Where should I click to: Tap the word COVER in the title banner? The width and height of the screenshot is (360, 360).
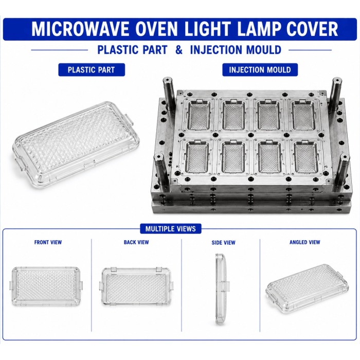(312, 29)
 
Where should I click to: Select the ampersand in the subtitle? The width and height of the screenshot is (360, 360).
(179, 50)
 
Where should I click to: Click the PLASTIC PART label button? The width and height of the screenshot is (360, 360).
(92, 70)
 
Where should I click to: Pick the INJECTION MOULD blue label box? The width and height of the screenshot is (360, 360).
(260, 70)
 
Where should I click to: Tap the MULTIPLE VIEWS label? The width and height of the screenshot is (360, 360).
(171, 229)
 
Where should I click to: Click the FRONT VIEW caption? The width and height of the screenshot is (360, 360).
(48, 242)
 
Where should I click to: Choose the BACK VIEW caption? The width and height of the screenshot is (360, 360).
(136, 242)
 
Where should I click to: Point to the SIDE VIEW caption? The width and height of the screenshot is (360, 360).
(223, 242)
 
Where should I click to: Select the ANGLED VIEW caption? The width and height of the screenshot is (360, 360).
(304, 242)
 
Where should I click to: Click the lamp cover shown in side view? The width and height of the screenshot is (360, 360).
(221, 289)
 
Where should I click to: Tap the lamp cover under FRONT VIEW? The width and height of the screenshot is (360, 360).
(46, 286)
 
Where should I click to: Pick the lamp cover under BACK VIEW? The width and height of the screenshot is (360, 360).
(136, 286)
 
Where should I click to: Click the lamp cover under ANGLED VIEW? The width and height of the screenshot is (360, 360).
(307, 288)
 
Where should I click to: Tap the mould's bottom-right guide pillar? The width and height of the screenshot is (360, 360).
(341, 170)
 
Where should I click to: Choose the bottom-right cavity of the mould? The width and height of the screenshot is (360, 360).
(305, 157)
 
